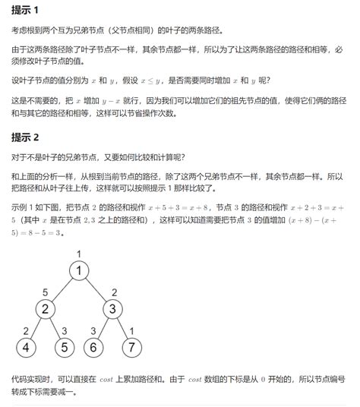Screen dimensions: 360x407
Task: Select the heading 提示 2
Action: (30, 137)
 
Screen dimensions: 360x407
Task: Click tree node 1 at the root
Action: (78, 270)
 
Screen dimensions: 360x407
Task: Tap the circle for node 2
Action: (45, 309)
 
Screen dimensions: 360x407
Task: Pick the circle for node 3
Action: (112, 309)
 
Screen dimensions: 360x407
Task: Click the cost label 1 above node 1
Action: (78, 253)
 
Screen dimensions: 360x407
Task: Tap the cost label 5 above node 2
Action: (45, 292)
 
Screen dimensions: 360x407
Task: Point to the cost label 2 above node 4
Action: (26, 330)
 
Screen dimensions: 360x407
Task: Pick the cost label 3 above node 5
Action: (64, 330)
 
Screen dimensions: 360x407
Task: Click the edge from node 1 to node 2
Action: (62, 289)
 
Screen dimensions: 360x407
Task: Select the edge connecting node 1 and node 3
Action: (95, 289)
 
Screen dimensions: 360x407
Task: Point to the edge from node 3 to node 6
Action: (103, 328)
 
